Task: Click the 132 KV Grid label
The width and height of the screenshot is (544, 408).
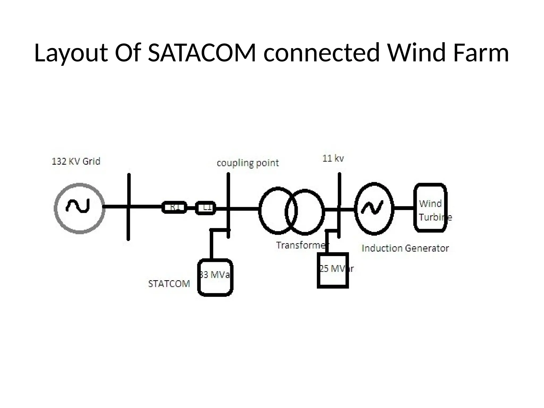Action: pyautogui.click(x=76, y=161)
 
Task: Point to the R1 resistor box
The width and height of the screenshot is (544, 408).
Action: pyautogui.click(x=174, y=207)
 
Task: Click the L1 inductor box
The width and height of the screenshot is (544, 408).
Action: pyautogui.click(x=206, y=208)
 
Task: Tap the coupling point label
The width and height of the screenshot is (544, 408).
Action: pyautogui.click(x=248, y=163)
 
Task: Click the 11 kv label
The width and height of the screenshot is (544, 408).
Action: pyautogui.click(x=333, y=158)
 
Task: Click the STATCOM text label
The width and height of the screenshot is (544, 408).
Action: pyautogui.click(x=169, y=284)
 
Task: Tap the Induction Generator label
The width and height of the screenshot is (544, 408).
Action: pyautogui.click(x=405, y=248)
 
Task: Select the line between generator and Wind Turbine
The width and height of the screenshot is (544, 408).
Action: pyautogui.click(x=404, y=208)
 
